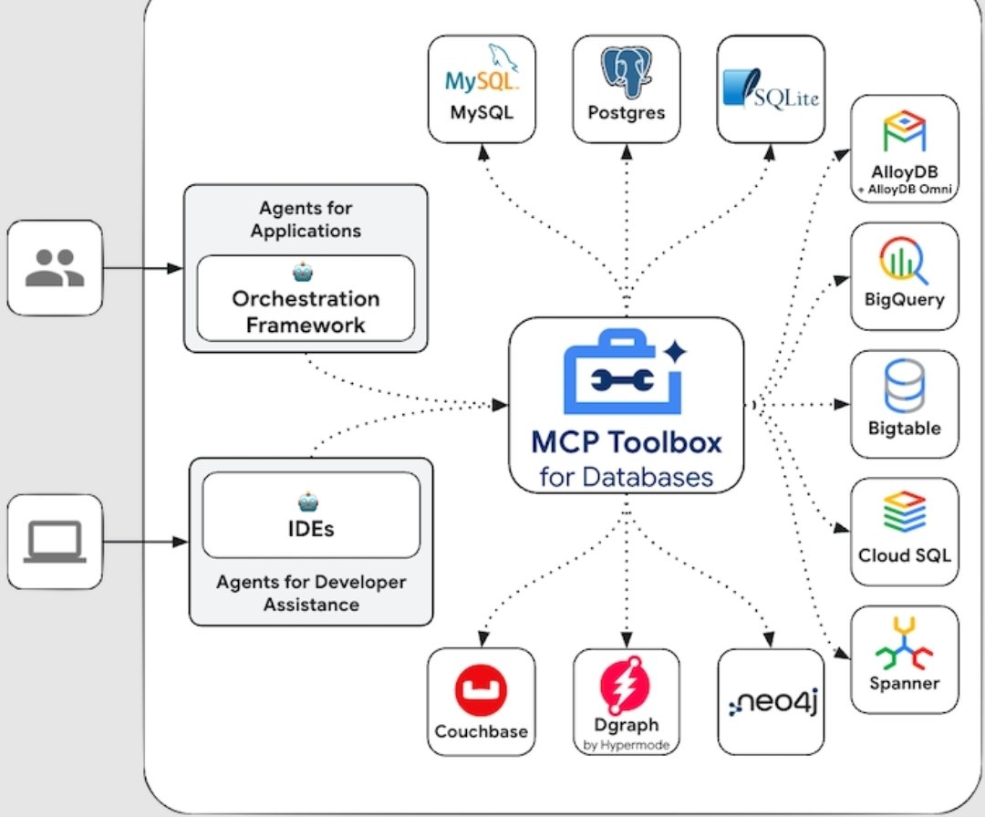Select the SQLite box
[x=771, y=88]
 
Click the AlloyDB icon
[x=904, y=133]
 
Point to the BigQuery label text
[x=904, y=300]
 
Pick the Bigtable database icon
[x=904, y=386]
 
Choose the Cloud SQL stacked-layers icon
[x=904, y=513]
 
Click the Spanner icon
[x=904, y=646]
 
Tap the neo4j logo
[x=771, y=703]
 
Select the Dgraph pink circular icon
[x=626, y=686]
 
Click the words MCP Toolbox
[x=626, y=443]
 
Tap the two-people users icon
[x=55, y=268]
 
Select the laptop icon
[x=55, y=543]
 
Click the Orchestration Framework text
[x=305, y=312]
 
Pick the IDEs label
[x=310, y=526]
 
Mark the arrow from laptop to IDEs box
[x=146, y=543]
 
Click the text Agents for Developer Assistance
[x=311, y=593]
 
